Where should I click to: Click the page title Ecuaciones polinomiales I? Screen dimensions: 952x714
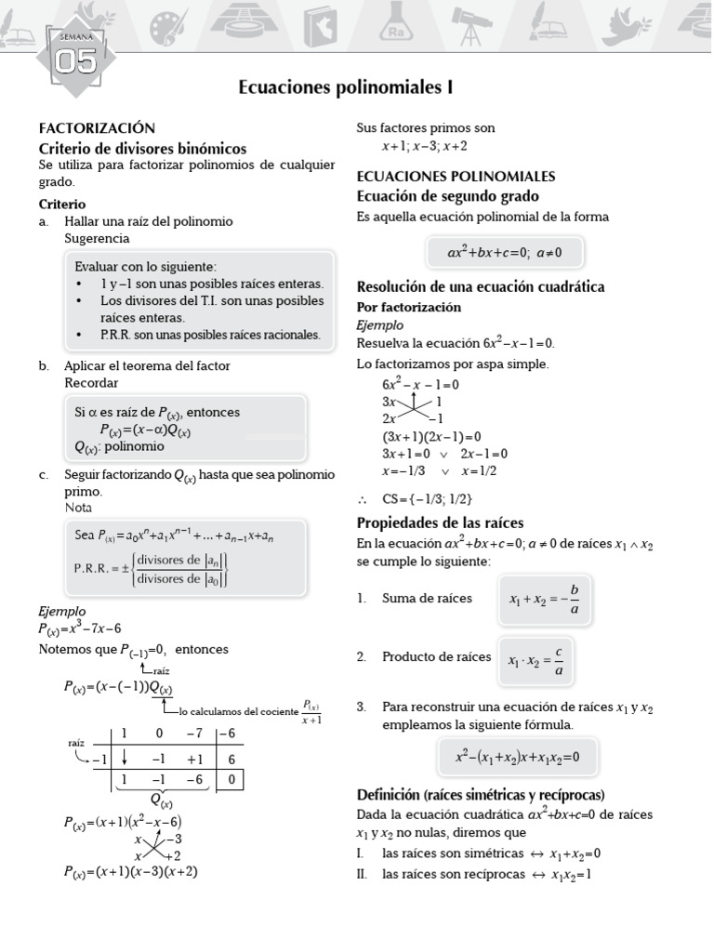346,87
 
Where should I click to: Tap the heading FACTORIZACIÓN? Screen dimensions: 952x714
97,128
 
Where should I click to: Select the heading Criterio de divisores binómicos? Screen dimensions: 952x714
142,148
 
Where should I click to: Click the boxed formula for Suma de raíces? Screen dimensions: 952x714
545,600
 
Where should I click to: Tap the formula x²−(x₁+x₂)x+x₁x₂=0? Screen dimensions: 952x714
517,756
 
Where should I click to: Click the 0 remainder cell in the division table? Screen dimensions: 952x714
231,781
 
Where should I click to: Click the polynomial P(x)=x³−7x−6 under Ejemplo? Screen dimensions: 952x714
80,628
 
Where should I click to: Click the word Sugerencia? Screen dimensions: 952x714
97,238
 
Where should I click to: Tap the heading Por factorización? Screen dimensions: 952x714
409,307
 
